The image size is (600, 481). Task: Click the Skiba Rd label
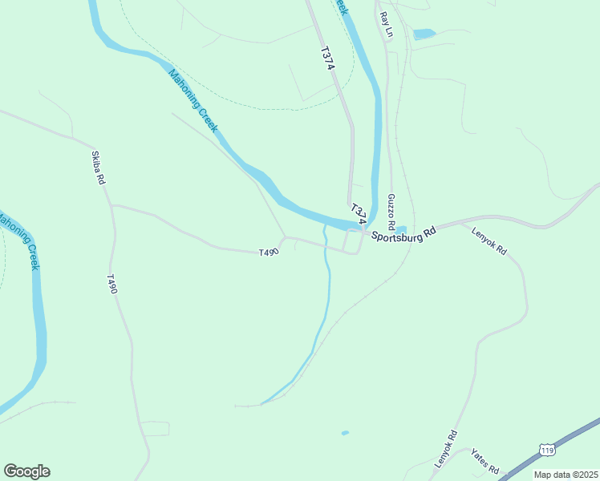click(98, 168)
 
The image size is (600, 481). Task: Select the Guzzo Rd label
click(391, 210)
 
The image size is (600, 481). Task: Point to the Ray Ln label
click(387, 25)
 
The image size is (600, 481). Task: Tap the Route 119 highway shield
click(547, 451)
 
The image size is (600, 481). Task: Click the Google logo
click(26, 471)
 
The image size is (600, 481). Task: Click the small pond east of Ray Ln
click(424, 34)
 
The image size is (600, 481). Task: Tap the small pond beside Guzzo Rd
click(401, 230)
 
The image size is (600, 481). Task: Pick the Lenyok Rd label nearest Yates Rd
click(445, 450)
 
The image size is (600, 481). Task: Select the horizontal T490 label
click(269, 253)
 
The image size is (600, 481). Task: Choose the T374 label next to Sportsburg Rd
click(359, 212)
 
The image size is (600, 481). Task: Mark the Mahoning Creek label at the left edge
click(21, 240)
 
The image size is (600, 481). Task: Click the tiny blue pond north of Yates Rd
click(345, 433)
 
